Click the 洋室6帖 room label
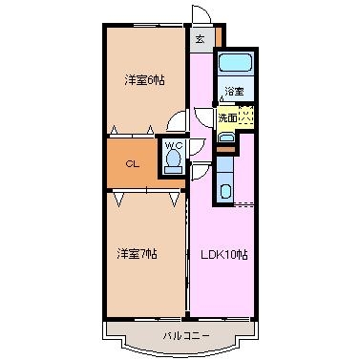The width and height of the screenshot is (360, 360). [x=144, y=80]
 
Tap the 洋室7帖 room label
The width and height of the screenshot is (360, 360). [x=137, y=254]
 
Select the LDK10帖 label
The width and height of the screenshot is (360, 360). [x=223, y=255]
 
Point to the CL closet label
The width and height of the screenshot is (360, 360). [x=133, y=164]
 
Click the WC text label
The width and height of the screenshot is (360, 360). [x=174, y=146]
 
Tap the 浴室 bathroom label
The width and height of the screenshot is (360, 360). [x=235, y=92]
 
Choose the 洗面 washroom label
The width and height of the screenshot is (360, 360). [x=227, y=118]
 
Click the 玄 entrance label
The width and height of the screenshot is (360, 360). [x=200, y=39]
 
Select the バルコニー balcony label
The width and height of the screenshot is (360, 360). [x=186, y=335]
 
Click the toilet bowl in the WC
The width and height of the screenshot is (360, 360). [x=173, y=159]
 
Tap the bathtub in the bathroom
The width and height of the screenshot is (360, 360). [x=236, y=62]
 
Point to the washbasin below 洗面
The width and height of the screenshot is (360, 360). [x=226, y=138]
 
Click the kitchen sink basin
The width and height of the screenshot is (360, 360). [x=225, y=192]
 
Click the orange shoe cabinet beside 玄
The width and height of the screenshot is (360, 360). [x=219, y=37]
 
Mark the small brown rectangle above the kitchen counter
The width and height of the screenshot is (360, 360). [x=225, y=149]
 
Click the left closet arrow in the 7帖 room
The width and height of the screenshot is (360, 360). [x=118, y=200]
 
